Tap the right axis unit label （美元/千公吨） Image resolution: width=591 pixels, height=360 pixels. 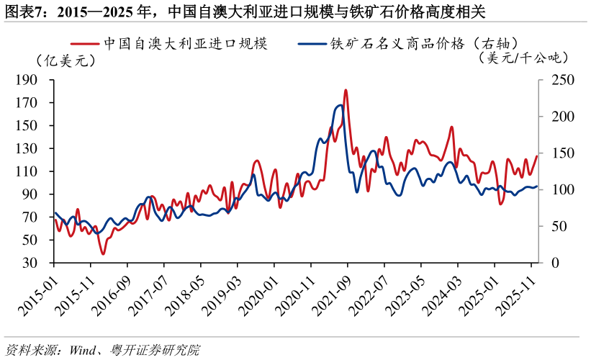523,58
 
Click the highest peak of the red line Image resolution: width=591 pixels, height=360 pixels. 346,91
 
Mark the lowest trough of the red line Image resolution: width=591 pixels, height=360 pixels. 103,253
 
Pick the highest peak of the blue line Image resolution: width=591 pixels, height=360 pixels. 340,105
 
